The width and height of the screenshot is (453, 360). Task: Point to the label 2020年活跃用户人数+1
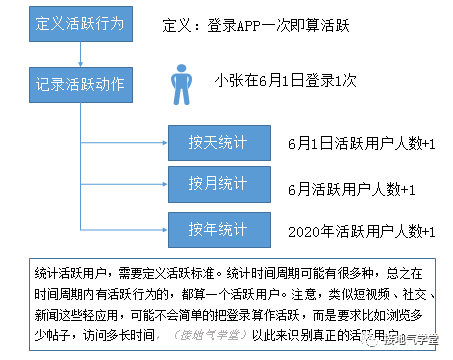[x=361, y=231]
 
